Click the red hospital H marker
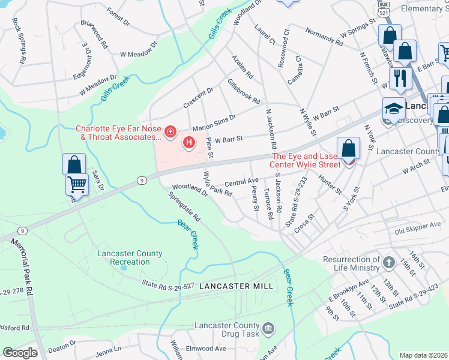coord(189,142)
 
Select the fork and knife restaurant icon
coord(398,77)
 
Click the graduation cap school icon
coord(393,109)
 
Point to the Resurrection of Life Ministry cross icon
coord(389,263)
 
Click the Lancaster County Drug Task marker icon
coord(268,328)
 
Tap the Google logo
coord(20,352)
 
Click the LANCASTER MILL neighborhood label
coord(237,286)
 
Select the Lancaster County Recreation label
coord(130,258)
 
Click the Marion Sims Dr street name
coord(215,122)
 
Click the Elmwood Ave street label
coord(206,348)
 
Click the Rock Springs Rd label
coord(20,40)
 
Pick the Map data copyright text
coord(424,355)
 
